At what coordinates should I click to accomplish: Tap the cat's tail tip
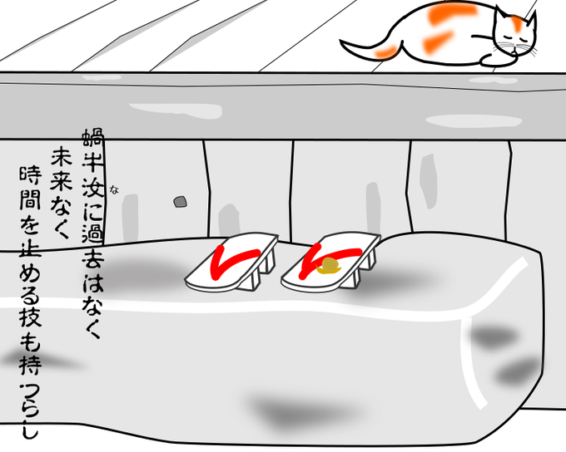[341, 42]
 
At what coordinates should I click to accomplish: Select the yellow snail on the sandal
[328, 266]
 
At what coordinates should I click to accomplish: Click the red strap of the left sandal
[231, 259]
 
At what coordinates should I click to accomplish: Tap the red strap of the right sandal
[325, 258]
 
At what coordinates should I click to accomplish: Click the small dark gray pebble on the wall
[180, 202]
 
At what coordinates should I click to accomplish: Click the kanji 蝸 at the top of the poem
[92, 138]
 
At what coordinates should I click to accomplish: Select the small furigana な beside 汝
[115, 189]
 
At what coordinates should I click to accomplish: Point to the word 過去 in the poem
[92, 244]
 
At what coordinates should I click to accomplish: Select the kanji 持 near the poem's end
[31, 365]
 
